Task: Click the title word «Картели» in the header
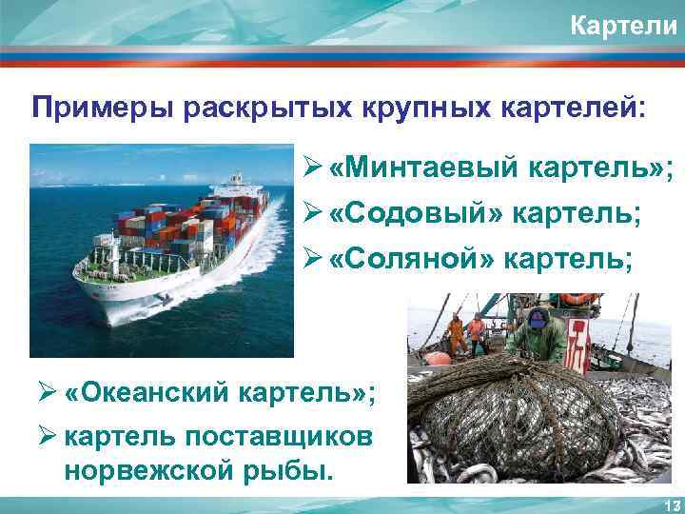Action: pos(622,26)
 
